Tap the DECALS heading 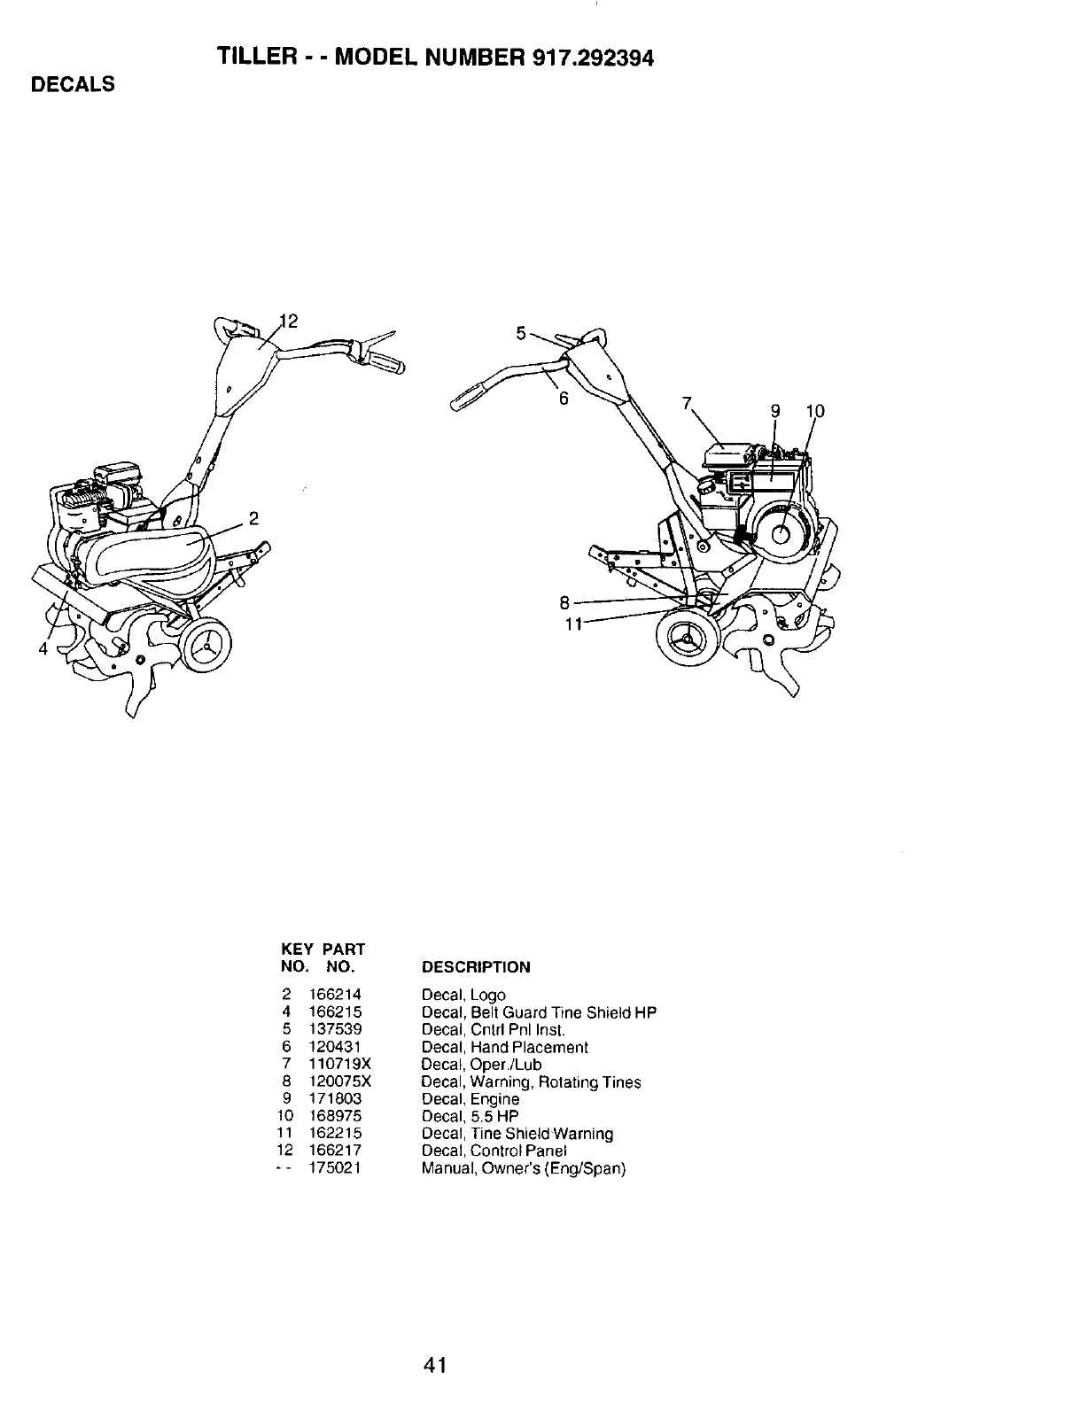point(73,85)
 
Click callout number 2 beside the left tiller point(253,517)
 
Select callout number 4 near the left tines point(42,649)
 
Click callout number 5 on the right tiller point(521,334)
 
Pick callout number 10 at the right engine point(815,411)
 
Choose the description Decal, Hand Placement point(504,1047)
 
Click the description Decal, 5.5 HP point(470,1116)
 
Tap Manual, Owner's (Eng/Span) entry point(523,1168)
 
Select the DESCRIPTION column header point(476,966)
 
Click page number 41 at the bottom point(435,1365)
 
